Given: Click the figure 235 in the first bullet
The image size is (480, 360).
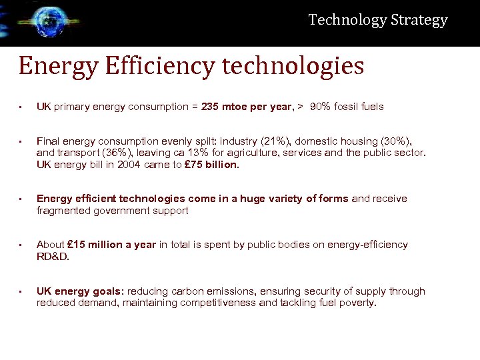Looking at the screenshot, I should pyautogui.click(x=211, y=107).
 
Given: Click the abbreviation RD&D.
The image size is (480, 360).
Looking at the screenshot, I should pyautogui.click(x=53, y=256).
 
